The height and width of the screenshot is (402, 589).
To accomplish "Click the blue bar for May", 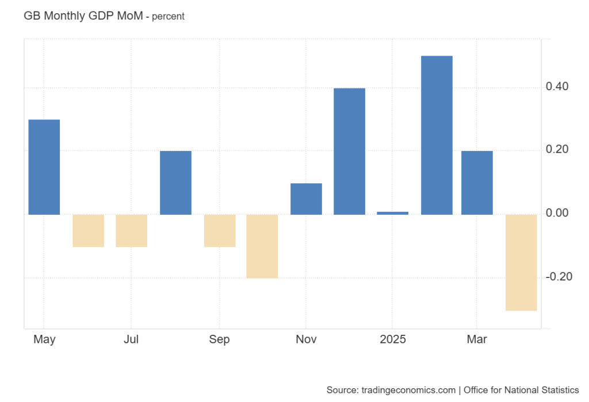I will pyautogui.click(x=44, y=167).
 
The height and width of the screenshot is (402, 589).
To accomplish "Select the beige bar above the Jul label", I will pyautogui.click(x=132, y=230).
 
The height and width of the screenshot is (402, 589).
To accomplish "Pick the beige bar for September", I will pyautogui.click(x=219, y=230).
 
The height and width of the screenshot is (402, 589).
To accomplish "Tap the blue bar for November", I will pyautogui.click(x=306, y=199).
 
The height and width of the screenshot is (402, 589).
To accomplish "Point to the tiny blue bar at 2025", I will pyautogui.click(x=393, y=213).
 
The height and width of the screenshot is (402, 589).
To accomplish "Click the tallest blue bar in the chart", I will pyautogui.click(x=437, y=135).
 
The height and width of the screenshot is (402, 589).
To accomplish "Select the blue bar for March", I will pyautogui.click(x=477, y=183).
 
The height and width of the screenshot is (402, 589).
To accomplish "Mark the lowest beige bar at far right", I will pyautogui.click(x=521, y=262).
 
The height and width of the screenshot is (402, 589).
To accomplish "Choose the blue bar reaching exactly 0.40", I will pyautogui.click(x=349, y=151).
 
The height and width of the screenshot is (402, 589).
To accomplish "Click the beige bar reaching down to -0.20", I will pyautogui.click(x=262, y=246).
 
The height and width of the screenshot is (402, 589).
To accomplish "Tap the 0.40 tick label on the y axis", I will pyautogui.click(x=557, y=87).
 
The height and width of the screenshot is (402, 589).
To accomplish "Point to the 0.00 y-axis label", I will pyautogui.click(x=557, y=214).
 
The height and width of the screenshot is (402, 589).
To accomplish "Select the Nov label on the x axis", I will pyautogui.click(x=306, y=339).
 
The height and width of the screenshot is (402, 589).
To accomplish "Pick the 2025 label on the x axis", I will pyautogui.click(x=393, y=339).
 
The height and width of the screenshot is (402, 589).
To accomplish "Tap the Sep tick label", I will pyautogui.click(x=219, y=339).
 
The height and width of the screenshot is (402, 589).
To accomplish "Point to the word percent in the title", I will pyautogui.click(x=168, y=17).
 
